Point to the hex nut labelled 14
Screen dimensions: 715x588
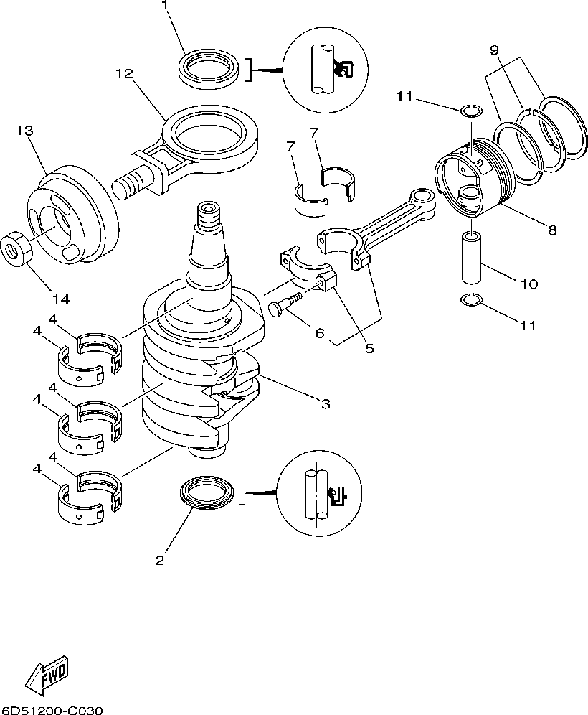[16, 249]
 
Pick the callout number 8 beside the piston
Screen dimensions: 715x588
[551, 230]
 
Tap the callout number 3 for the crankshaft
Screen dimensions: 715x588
[325, 404]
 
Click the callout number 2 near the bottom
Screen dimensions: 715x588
[160, 559]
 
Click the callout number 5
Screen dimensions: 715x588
[370, 349]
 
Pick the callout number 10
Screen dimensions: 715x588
[528, 284]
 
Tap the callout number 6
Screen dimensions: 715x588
[320, 333]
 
